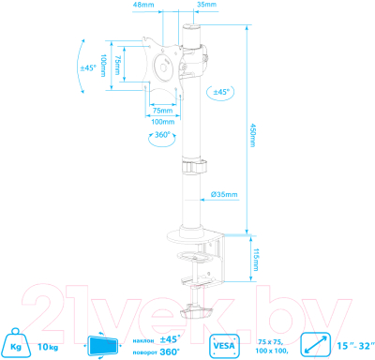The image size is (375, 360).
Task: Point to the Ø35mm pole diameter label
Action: point(224,194)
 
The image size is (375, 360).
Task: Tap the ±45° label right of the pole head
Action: point(221,92)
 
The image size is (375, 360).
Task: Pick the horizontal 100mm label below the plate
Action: point(163,121)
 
